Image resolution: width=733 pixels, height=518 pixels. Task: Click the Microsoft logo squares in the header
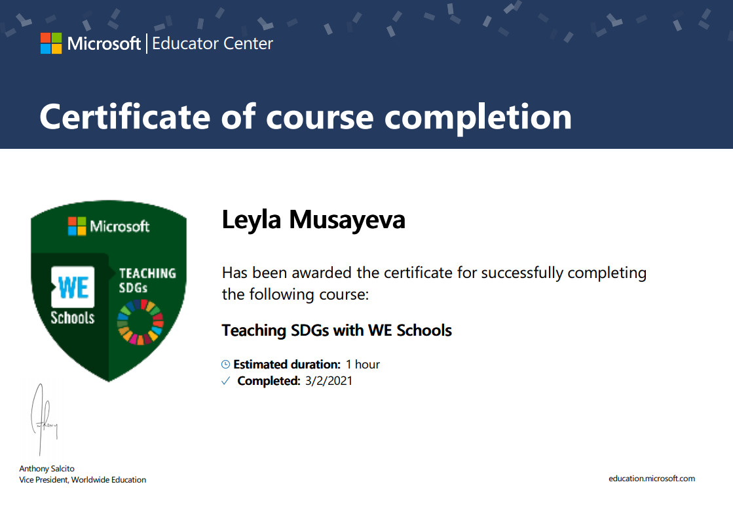51,43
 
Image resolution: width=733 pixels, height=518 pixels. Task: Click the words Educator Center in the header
212,43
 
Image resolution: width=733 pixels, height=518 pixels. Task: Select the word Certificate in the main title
125,117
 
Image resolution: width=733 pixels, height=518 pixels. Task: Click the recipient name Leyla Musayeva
313,220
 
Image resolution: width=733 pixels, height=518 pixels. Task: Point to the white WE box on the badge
73,287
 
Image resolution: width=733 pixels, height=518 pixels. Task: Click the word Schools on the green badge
73,318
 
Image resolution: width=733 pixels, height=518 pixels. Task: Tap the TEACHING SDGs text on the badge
147,280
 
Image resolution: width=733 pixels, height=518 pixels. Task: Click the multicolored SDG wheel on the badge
140,322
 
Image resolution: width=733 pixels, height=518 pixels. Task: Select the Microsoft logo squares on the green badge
77,226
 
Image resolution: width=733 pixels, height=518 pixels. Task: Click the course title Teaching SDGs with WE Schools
337,330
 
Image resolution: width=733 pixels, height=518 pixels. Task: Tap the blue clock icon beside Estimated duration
225,364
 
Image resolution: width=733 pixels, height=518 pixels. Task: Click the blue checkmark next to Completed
226,381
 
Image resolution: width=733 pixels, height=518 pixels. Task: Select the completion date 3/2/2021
329,381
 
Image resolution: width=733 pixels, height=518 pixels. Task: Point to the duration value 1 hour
363,364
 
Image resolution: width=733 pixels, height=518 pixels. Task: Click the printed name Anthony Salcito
47,468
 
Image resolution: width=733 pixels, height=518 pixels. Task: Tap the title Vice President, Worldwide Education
83,479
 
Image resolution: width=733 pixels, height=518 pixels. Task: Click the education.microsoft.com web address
652,478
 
